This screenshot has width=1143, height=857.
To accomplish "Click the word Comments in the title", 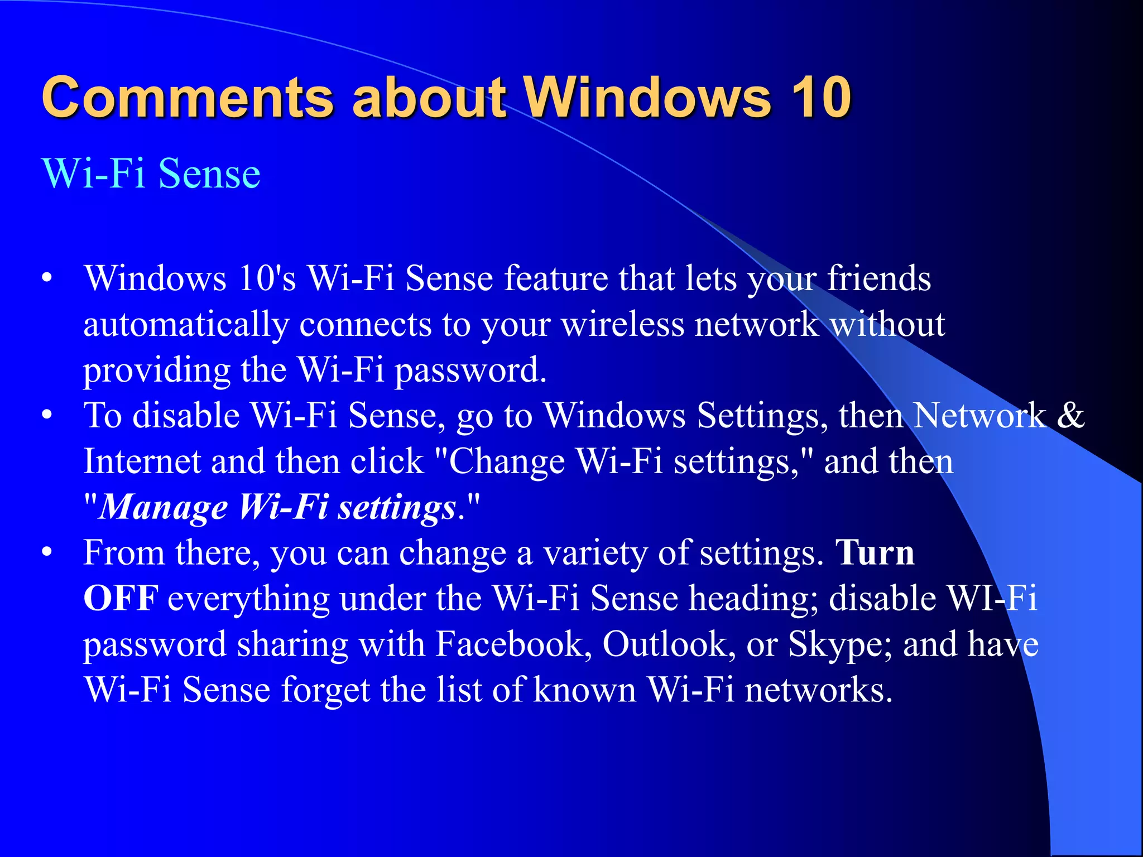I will pos(188,98).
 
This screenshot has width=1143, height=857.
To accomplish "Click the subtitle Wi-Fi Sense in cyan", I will pos(151,174).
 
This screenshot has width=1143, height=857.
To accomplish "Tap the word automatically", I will pos(186,325).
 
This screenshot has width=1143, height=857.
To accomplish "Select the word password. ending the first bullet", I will pos(470,370).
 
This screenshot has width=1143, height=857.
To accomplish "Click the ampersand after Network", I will pos(1070,416).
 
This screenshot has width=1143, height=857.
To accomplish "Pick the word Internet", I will pos(142,462).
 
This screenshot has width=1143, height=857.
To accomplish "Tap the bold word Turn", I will pos(875,553).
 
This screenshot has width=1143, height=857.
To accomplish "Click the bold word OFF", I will pos(121,599).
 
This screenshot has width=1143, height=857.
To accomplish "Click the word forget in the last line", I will pos(325,690).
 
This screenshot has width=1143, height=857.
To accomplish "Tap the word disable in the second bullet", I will pos(186,416).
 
